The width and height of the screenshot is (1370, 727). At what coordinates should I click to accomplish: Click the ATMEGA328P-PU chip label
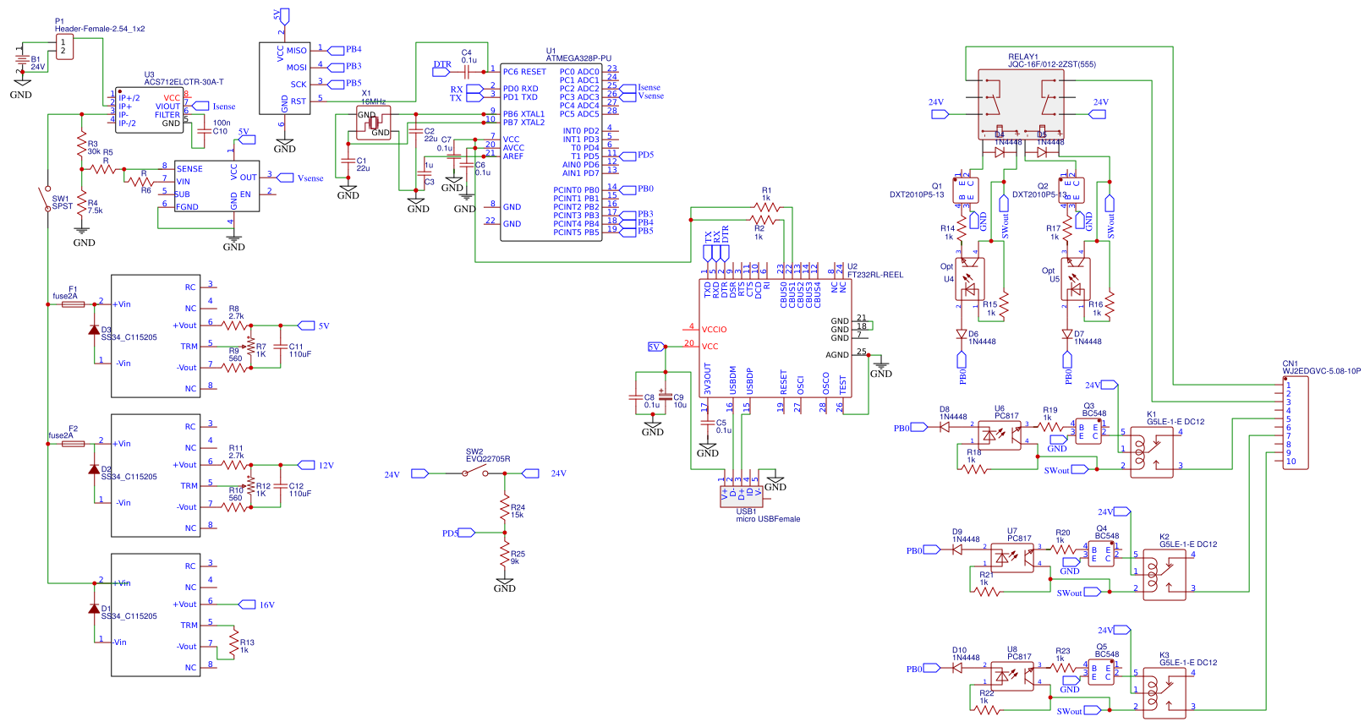578,58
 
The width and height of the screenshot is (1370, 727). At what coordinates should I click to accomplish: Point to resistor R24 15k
505,511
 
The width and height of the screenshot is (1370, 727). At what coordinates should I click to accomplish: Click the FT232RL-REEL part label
874,275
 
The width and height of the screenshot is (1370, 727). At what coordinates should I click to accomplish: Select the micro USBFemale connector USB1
741,496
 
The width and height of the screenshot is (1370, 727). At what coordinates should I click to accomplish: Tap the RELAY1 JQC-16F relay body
1021,104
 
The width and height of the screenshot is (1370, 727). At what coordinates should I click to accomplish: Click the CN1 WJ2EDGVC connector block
1296,424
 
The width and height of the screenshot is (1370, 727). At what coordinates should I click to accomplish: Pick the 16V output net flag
248,604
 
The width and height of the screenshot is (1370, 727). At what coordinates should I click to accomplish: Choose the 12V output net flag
306,465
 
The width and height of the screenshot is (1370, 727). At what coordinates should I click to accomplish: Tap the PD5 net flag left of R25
467,533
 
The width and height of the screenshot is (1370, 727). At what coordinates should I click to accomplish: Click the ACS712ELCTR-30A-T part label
184,82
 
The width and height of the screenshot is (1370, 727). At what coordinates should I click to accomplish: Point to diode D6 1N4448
962,335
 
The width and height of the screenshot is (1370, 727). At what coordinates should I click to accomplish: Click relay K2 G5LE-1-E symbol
1164,576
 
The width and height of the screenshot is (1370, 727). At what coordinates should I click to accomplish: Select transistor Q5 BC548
1100,673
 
